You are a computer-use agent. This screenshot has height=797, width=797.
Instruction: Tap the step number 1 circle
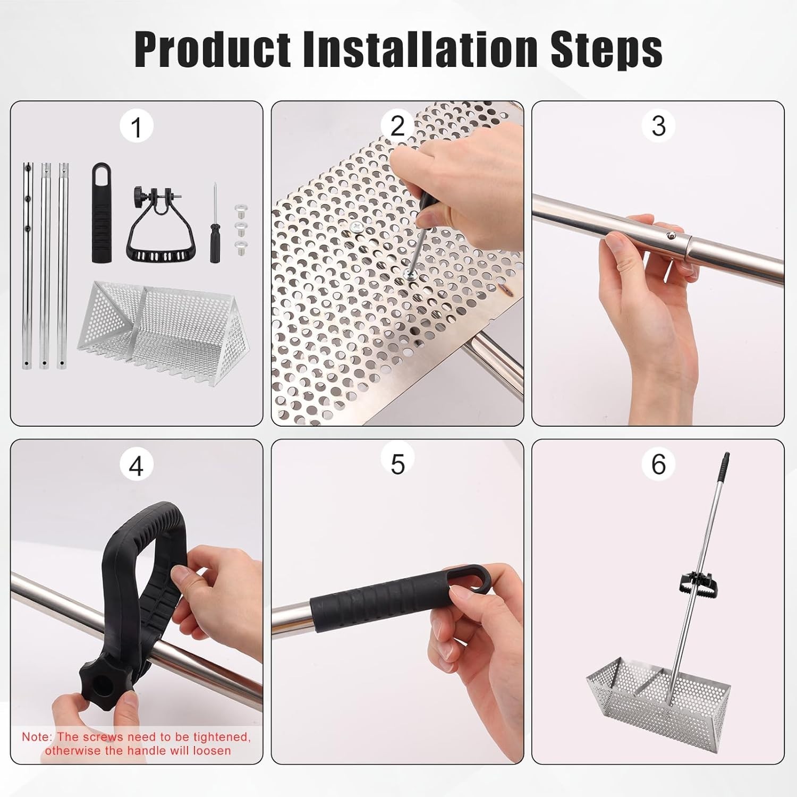click(137, 127)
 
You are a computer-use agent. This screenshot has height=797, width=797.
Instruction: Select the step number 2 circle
click(397, 126)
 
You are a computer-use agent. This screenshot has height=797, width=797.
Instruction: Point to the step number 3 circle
click(658, 126)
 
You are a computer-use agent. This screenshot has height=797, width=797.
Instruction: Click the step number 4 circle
click(137, 465)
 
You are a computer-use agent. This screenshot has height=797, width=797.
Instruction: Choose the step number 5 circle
click(397, 464)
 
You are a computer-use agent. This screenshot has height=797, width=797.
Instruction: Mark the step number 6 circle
click(658, 464)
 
